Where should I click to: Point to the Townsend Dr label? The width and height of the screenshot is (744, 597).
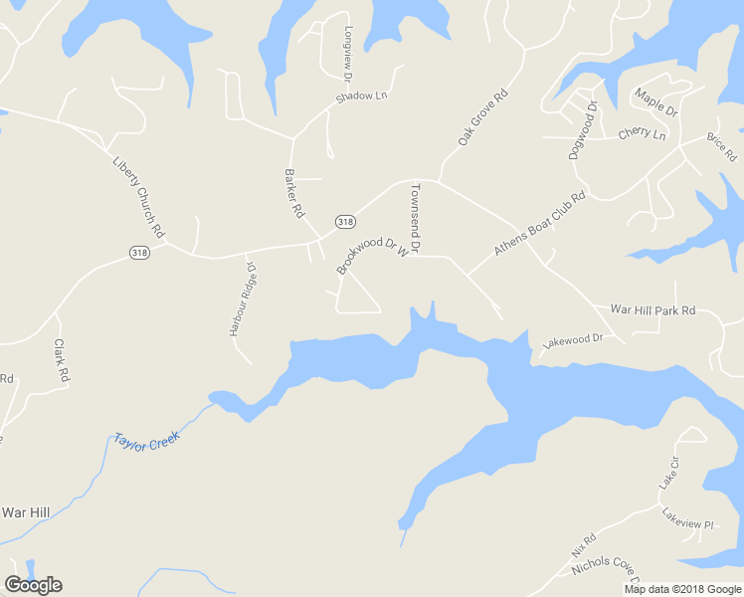[x=416, y=216]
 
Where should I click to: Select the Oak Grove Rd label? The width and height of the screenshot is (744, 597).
[x=483, y=118]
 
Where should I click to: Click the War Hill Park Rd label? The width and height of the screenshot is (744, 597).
[x=652, y=310]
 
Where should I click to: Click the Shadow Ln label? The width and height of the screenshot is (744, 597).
[x=360, y=97]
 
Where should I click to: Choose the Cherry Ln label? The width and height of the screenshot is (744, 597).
[x=642, y=133]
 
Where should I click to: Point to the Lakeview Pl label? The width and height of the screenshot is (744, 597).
[x=688, y=517]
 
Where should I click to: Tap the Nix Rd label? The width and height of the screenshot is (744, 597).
[x=583, y=544]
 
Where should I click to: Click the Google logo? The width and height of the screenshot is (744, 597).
[x=33, y=585]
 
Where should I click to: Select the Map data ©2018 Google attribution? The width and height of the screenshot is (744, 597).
[x=682, y=589]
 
